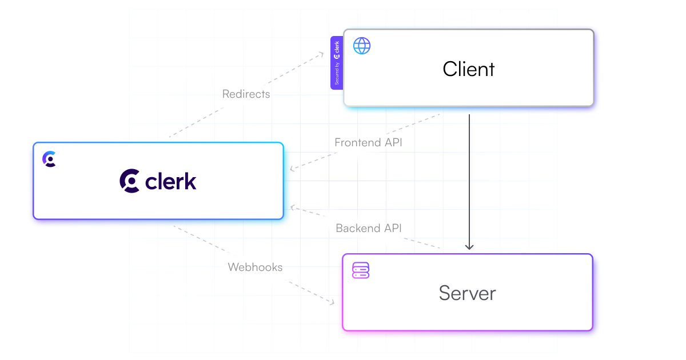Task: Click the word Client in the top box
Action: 469,69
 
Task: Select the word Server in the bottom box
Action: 467,293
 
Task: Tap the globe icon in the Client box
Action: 362,46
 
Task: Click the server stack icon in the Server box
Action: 361,270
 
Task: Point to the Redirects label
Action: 246,94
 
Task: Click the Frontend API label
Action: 368,142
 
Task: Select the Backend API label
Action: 369,228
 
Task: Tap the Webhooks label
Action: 255,267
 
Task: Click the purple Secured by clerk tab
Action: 337,63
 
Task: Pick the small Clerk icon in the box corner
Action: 50,159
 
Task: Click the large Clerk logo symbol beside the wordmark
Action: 130,181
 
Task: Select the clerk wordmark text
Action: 171,181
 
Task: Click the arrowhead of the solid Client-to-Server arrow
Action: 469,247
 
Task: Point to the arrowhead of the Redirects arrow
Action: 321,54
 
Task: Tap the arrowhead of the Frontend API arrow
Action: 292,169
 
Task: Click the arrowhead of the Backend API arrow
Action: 292,206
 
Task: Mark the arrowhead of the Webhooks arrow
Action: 332,302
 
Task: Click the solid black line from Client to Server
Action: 469,177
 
